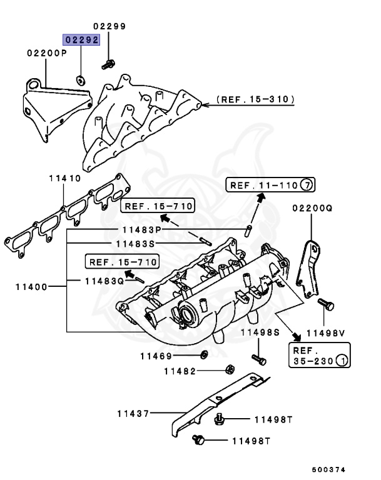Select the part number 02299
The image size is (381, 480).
coord(109,26)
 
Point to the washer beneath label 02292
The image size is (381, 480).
coord(81,80)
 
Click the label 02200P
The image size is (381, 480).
coord(46,54)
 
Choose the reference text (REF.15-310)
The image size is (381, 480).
coord(255,99)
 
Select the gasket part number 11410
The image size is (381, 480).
coord(65,178)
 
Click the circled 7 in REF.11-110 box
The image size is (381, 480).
coord(307,185)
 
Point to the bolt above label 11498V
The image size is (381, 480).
coord(324,306)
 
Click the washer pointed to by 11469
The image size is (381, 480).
coord(203,356)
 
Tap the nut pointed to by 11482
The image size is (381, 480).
coord(229,369)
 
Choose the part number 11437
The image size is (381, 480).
coord(132,413)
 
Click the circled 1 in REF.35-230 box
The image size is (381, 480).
coord(342,361)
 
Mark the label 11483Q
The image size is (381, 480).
coord(104,281)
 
